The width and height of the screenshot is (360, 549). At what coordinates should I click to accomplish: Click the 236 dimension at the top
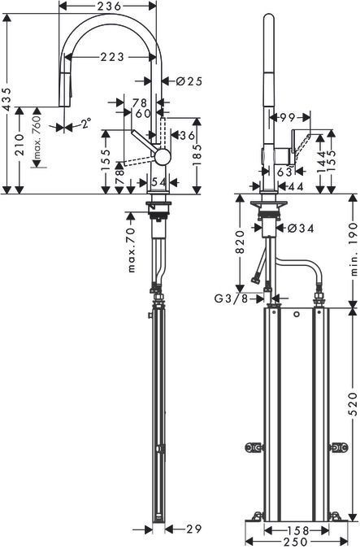[x=107, y=6]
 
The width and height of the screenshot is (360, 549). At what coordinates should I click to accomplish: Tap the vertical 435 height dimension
[x=8, y=99]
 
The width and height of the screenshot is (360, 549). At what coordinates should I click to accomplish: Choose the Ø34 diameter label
[x=303, y=229]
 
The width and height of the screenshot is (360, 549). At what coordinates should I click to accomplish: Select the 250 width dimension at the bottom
[x=295, y=542]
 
